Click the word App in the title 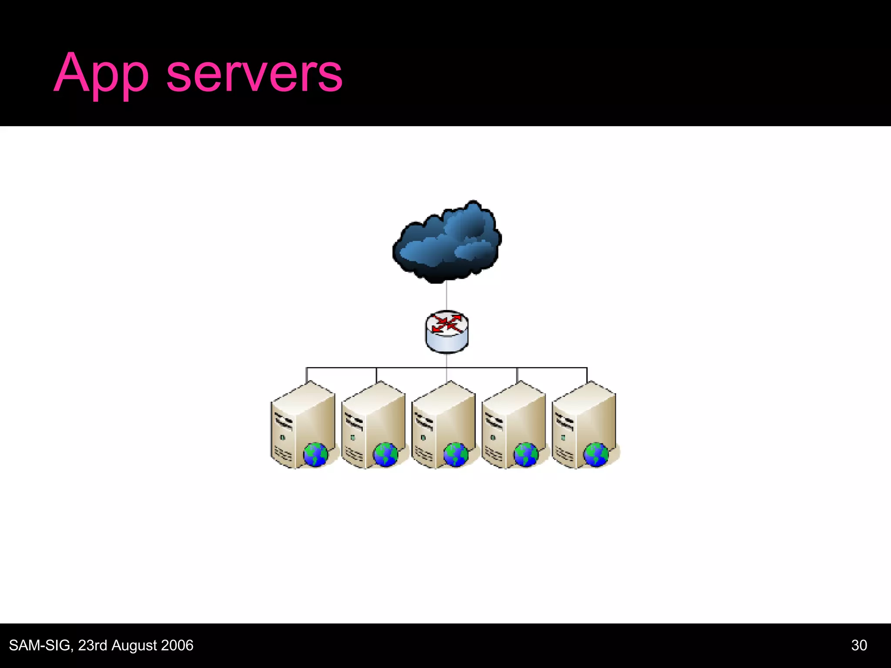[x=101, y=74]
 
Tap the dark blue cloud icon [x=447, y=242]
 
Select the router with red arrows [x=447, y=331]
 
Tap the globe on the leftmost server [x=315, y=454]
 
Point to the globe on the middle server [x=456, y=454]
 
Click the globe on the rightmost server [x=596, y=454]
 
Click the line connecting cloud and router [x=447, y=296]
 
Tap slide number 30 [x=859, y=645]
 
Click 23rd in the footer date [x=92, y=645]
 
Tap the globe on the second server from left [x=385, y=454]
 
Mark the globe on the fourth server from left [x=526, y=454]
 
